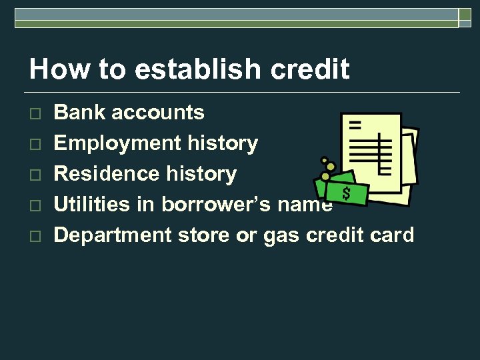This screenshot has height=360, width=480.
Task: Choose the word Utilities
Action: click(91, 205)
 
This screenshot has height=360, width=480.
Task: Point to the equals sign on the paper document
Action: click(354, 125)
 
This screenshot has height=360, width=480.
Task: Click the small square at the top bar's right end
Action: click(465, 18)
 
